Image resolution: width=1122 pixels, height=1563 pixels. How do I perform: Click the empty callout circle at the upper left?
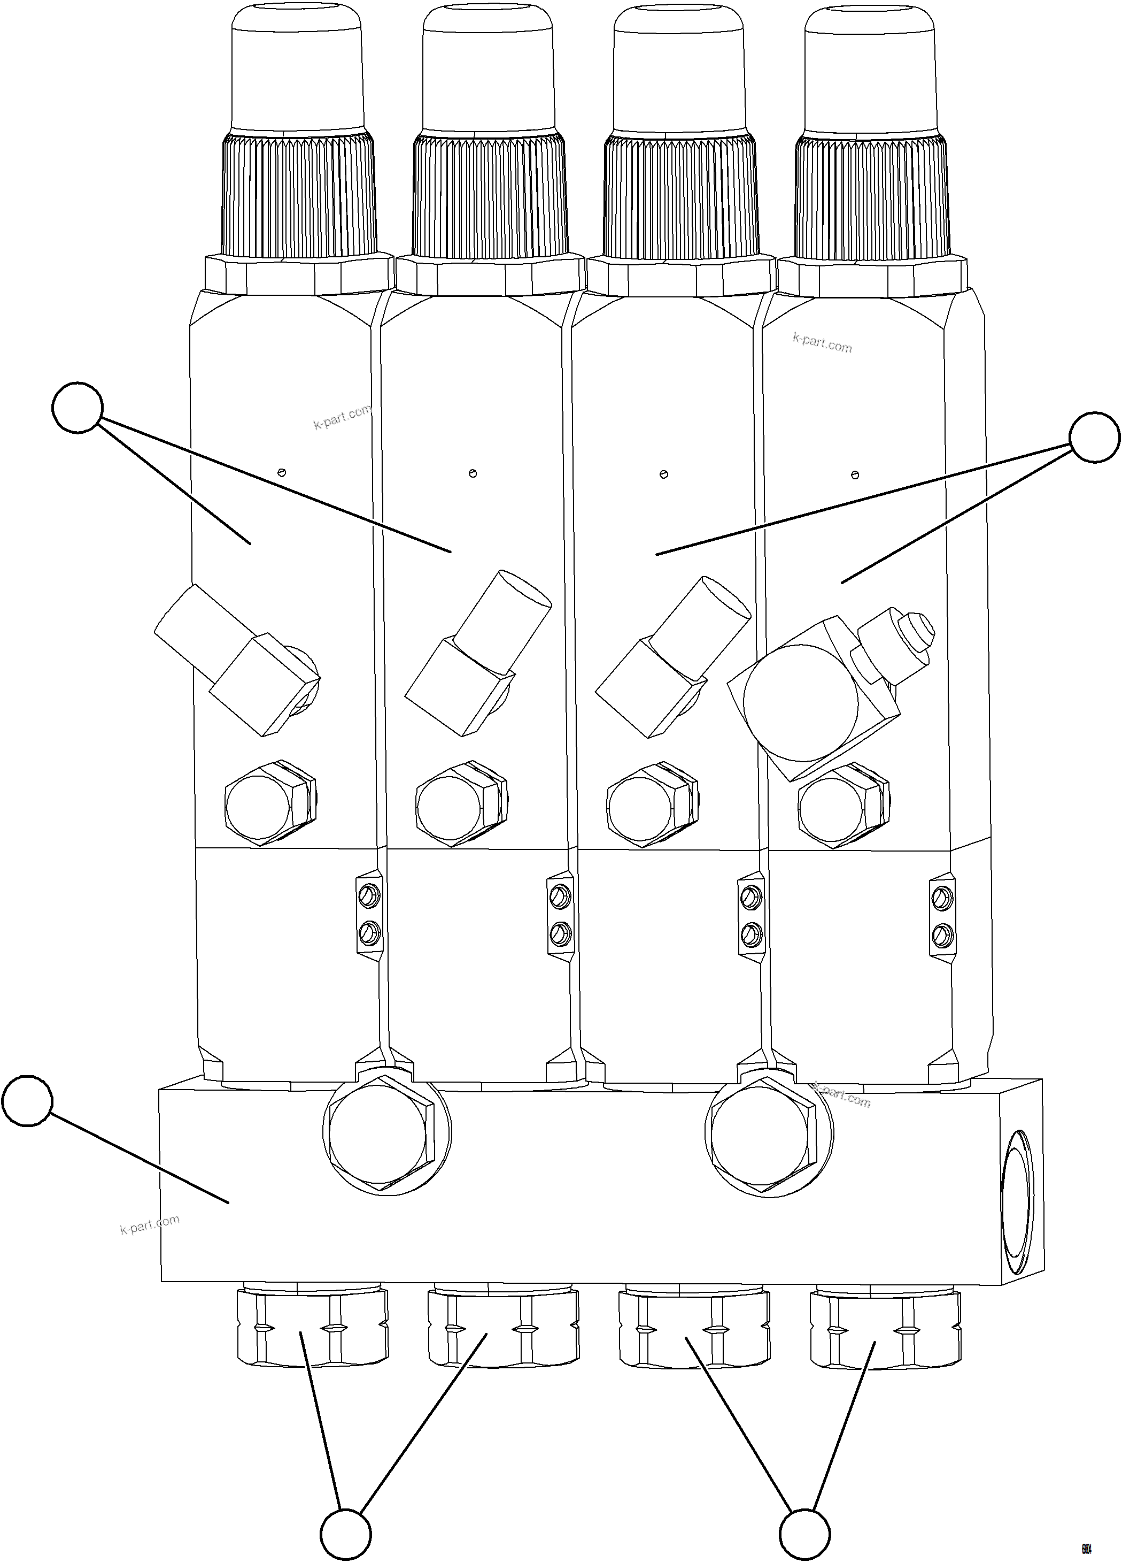click(77, 407)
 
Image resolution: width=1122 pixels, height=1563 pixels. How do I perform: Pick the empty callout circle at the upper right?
click(1094, 438)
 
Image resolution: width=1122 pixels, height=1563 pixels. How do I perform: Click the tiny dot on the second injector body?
click(473, 473)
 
